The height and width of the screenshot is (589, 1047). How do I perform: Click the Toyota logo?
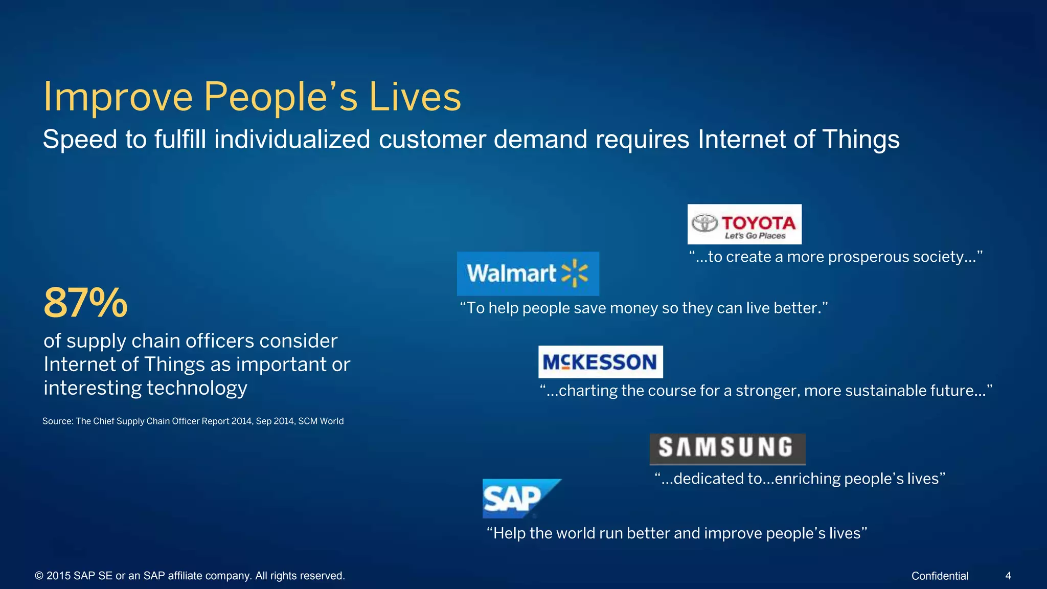click(x=744, y=224)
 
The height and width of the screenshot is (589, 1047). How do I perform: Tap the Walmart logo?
click(x=528, y=274)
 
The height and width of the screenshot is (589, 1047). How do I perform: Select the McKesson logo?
click(x=600, y=362)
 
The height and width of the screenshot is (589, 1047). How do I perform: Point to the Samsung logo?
click(x=727, y=448)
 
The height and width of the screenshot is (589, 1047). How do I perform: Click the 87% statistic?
click(x=85, y=303)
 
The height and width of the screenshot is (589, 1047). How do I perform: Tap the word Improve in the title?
click(x=118, y=97)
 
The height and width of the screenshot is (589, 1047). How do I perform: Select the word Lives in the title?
click(x=415, y=97)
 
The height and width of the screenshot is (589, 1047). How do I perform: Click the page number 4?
click(x=1008, y=576)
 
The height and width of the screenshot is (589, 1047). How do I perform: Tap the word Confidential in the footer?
click(x=940, y=576)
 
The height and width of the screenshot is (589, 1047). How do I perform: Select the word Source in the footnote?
click(x=58, y=421)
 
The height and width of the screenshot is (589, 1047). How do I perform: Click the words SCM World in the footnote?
click(x=321, y=421)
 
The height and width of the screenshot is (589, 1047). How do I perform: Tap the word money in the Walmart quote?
click(x=634, y=308)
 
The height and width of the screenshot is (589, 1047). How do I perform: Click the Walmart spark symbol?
click(x=575, y=273)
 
